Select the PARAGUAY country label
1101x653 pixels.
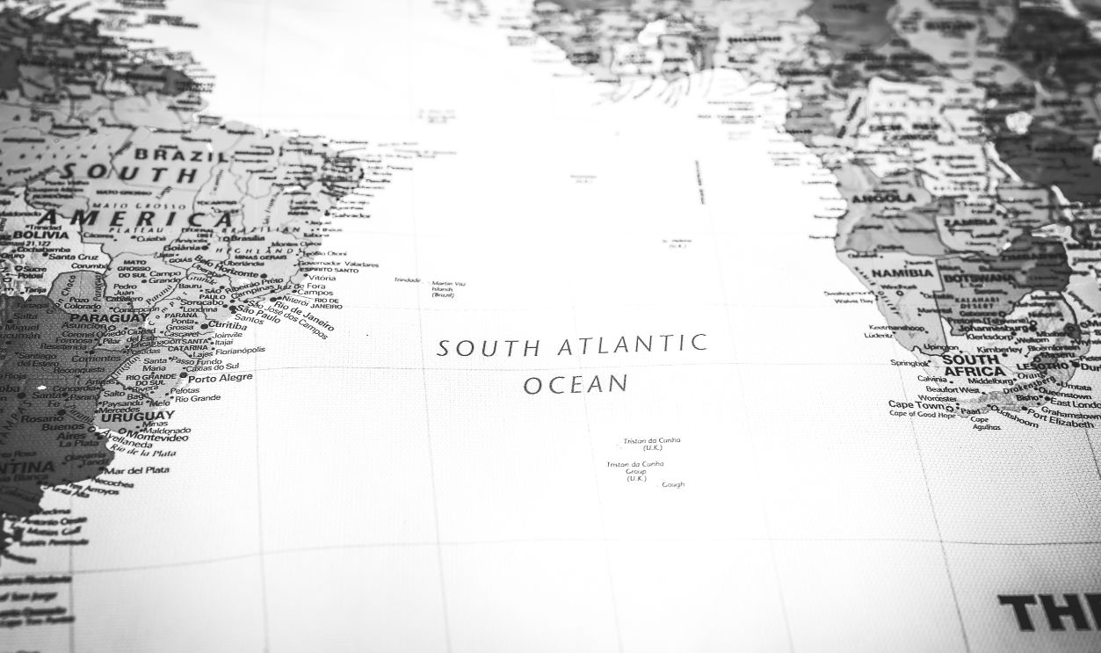click(98, 317)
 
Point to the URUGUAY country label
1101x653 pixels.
click(142, 416)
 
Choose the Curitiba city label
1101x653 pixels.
click(228, 324)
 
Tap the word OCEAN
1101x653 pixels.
click(576, 384)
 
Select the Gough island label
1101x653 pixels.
click(672, 484)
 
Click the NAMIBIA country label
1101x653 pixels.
click(902, 273)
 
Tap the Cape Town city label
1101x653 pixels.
click(916, 405)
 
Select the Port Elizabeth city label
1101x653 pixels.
click(1061, 423)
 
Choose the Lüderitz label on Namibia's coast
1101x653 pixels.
click(878, 335)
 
